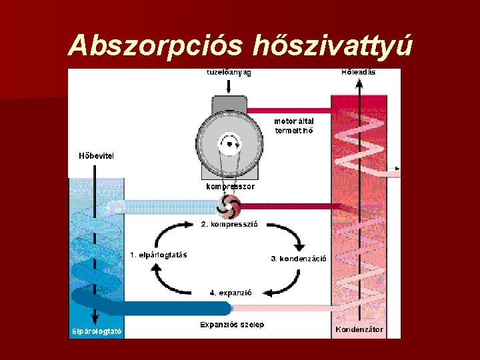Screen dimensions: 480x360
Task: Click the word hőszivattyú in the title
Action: [334, 45]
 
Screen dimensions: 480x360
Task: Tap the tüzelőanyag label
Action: [228, 73]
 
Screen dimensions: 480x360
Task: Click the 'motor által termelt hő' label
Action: [294, 126]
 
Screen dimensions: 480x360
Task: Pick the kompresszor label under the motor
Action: [230, 187]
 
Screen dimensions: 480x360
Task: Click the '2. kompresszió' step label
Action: [229, 224]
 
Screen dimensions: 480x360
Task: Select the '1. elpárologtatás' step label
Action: [158, 254]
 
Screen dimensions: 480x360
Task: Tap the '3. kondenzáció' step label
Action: [298, 258]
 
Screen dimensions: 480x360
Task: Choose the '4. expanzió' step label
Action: [230, 292]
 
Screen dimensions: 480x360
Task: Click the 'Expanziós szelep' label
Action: [232, 325]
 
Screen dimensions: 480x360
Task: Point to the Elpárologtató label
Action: [97, 331]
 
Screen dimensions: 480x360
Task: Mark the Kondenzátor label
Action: [360, 329]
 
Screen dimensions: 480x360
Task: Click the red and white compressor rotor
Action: [229, 206]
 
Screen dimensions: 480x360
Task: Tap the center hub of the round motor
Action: [230, 143]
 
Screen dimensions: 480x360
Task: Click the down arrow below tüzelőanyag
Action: [228, 86]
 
